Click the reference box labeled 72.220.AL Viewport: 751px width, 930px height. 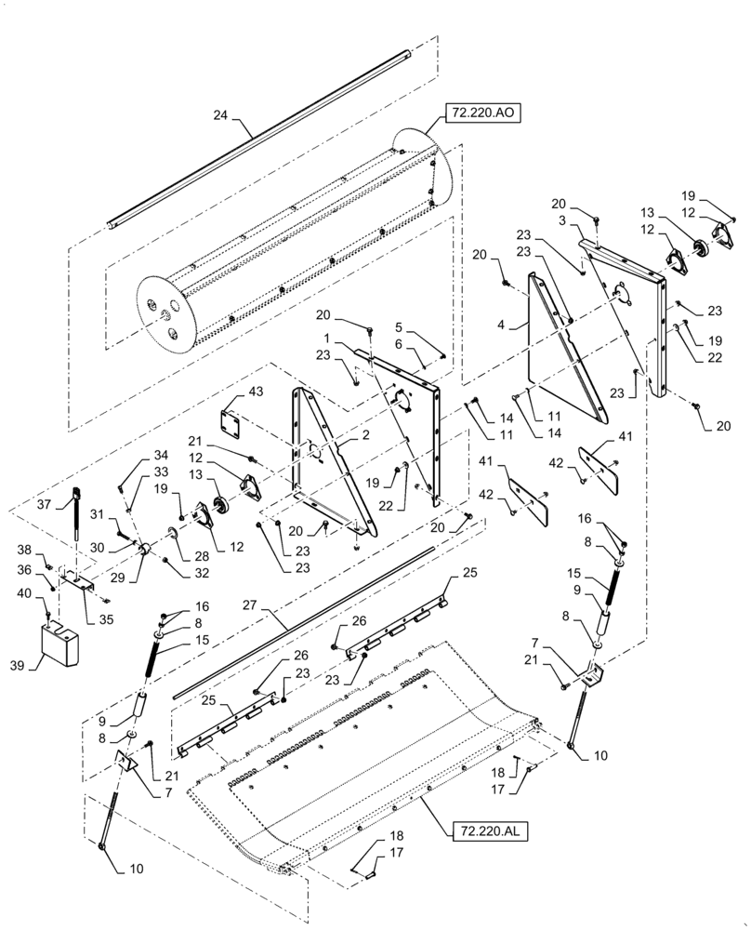[490, 830]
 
